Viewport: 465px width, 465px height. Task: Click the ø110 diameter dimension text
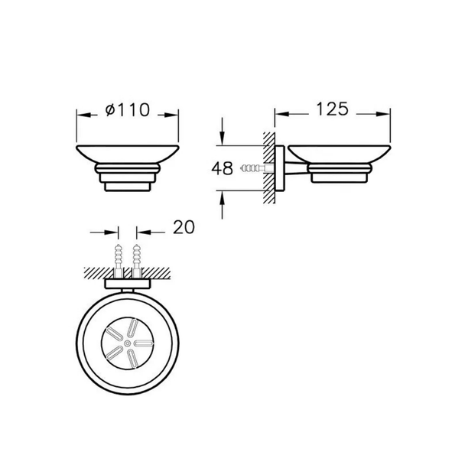pos(128,109)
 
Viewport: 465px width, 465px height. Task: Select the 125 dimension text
pos(332,109)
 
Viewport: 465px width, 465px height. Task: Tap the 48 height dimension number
pos(222,168)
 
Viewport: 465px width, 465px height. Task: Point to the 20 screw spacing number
pos(184,227)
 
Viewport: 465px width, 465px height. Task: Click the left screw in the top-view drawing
pos(119,260)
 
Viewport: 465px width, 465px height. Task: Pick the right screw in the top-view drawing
pos(136,260)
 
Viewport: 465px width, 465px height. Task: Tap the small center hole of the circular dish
pos(128,343)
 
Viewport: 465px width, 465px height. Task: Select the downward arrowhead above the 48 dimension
pos(222,138)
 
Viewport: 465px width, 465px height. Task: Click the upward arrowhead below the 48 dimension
pos(222,198)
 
